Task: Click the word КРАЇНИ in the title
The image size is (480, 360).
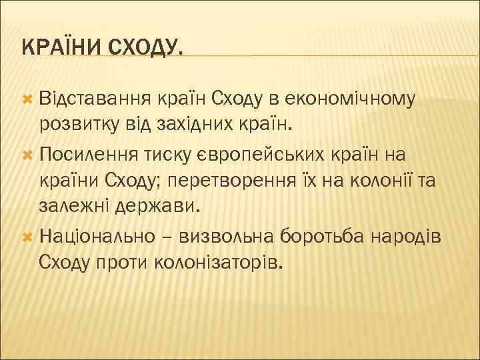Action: point(59,47)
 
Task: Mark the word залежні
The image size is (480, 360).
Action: point(73,206)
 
